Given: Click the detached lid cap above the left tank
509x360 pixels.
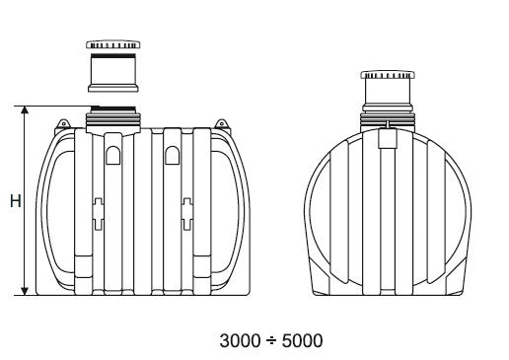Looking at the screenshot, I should click(x=116, y=45).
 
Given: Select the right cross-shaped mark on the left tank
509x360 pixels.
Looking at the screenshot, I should click(x=184, y=213).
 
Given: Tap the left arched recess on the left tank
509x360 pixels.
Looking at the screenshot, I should click(x=112, y=155).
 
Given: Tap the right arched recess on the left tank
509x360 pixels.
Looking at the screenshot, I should click(x=172, y=155).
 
